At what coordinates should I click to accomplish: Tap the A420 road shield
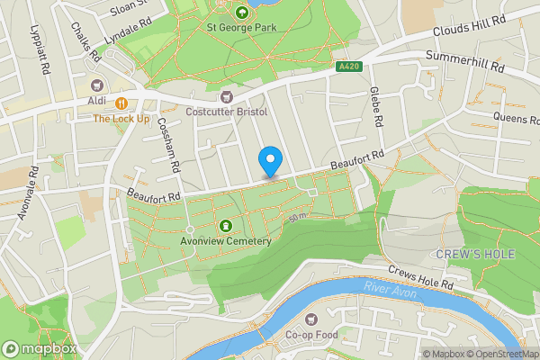[x=349, y=67]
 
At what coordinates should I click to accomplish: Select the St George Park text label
[x=242, y=29]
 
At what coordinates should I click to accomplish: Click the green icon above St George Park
[x=242, y=13]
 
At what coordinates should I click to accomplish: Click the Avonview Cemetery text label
[x=225, y=241]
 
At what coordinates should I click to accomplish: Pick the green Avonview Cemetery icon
[x=225, y=226]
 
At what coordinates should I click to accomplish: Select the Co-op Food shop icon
[x=312, y=319]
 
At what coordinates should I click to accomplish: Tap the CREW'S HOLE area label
[x=475, y=255]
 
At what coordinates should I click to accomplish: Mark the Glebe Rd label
[x=376, y=106]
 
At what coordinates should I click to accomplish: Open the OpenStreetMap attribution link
[x=501, y=354]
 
